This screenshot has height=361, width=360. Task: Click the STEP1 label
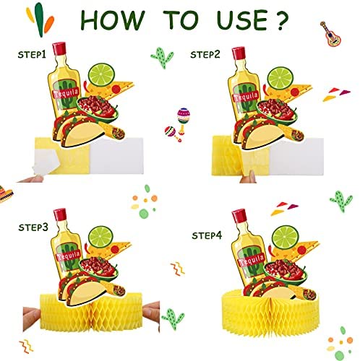coord(32,55)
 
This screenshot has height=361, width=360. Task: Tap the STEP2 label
coord(205,54)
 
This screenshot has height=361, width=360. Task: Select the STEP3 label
coord(33,227)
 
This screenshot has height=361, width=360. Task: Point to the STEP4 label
coord(207,235)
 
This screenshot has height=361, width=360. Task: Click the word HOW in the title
coord(113,19)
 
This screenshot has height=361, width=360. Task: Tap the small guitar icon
coord(330,34)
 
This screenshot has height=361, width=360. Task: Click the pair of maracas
coord(177,125)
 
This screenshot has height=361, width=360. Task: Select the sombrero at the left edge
coord(5,194)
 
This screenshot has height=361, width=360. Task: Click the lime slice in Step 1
coord(101,74)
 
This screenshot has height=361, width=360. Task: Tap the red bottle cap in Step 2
coord(239,53)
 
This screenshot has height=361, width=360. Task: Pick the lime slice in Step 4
coord(286,238)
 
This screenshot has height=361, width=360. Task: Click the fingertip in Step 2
coord(248,177)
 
